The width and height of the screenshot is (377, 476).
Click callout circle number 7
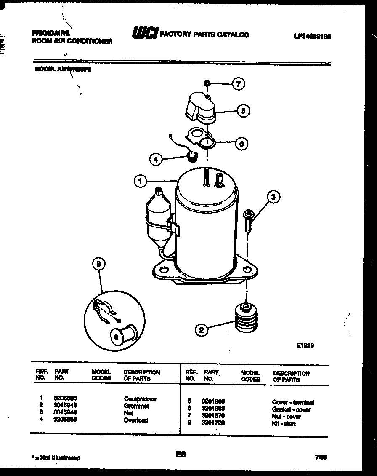click(238, 84)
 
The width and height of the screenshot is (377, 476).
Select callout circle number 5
click(243, 111)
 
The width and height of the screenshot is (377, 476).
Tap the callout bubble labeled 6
click(241, 144)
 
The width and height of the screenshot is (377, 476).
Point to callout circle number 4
click(157, 159)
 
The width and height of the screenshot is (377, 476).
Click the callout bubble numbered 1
click(141, 182)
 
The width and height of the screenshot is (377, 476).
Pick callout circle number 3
click(274, 197)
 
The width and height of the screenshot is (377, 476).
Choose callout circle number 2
click(202, 331)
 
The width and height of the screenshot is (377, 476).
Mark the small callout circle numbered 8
click(99, 264)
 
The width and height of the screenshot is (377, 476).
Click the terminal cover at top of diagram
click(199, 108)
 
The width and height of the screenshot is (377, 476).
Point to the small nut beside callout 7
click(207, 84)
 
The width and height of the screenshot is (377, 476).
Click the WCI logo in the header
click(145, 33)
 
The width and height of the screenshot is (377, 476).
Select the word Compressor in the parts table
click(140, 399)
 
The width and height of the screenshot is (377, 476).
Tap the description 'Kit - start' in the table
click(284, 424)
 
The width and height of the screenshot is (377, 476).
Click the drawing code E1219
click(305, 345)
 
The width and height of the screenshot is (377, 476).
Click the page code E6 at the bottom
click(181, 455)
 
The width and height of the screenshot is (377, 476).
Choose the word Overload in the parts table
click(136, 420)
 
